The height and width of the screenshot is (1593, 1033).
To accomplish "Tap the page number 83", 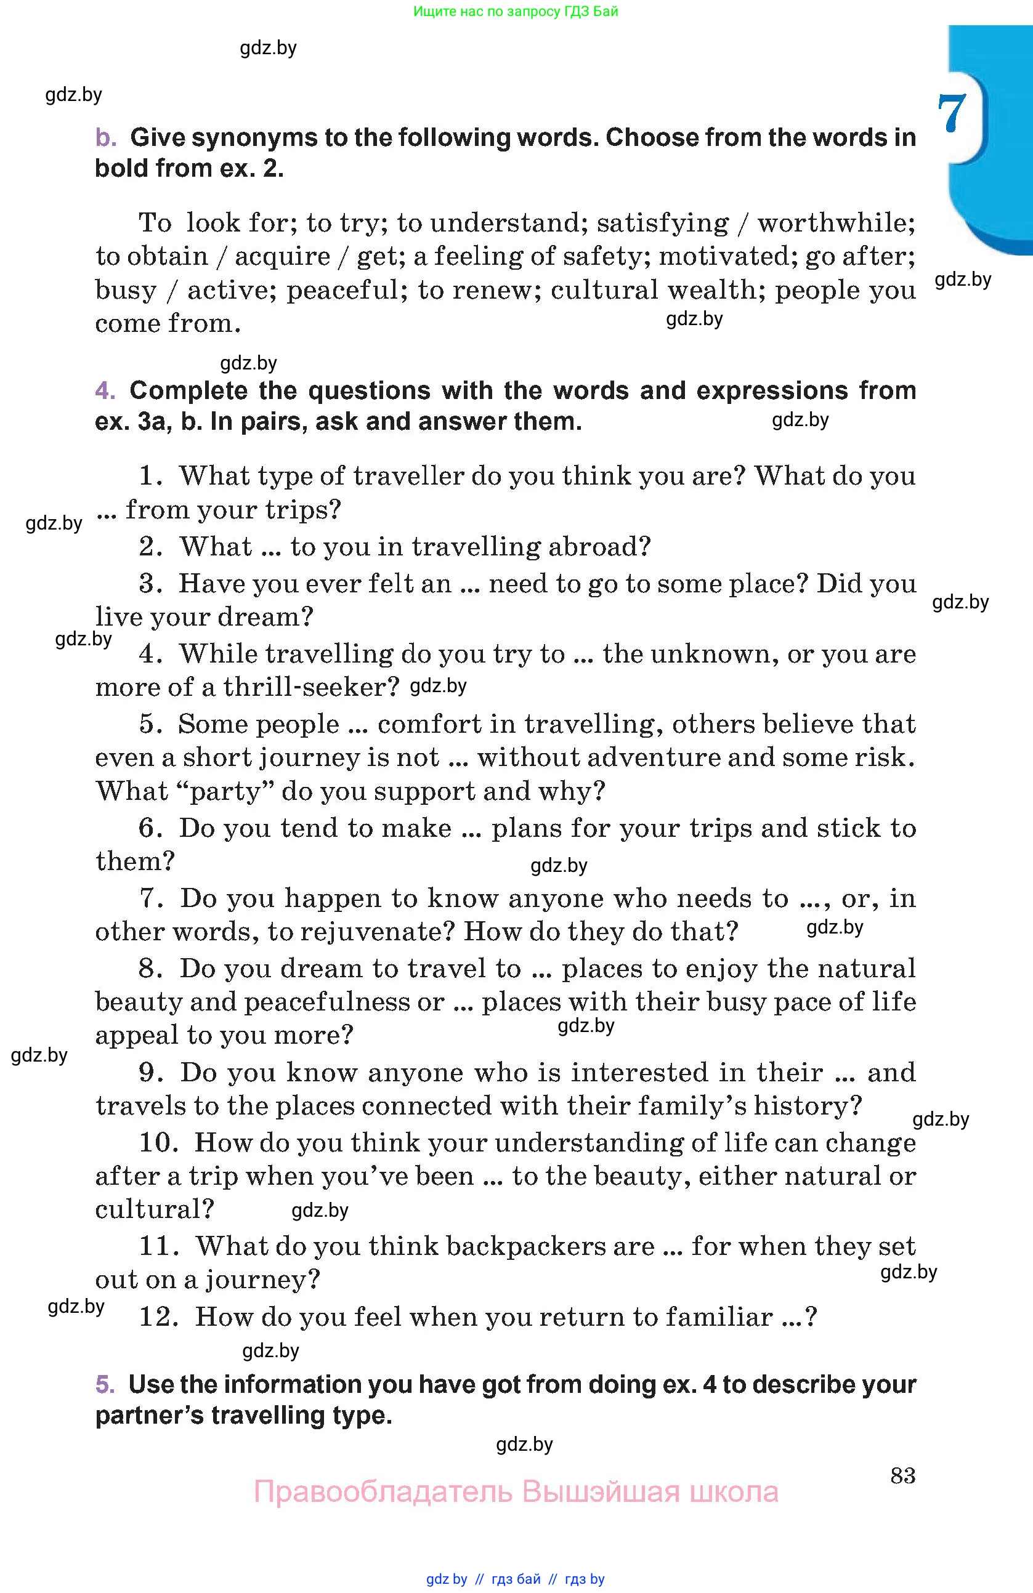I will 902,1475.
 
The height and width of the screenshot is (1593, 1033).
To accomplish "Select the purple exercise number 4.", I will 105,390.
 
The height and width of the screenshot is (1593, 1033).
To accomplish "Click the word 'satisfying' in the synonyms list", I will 662,224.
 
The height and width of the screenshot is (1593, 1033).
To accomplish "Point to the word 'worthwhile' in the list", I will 835,223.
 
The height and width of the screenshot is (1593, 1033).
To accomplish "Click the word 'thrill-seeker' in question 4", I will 311,687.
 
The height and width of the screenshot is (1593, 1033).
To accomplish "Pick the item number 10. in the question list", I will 158,1142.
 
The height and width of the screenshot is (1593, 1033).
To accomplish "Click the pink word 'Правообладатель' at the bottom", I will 383,1492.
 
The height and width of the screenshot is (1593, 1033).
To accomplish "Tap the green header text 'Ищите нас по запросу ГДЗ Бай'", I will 516,11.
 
